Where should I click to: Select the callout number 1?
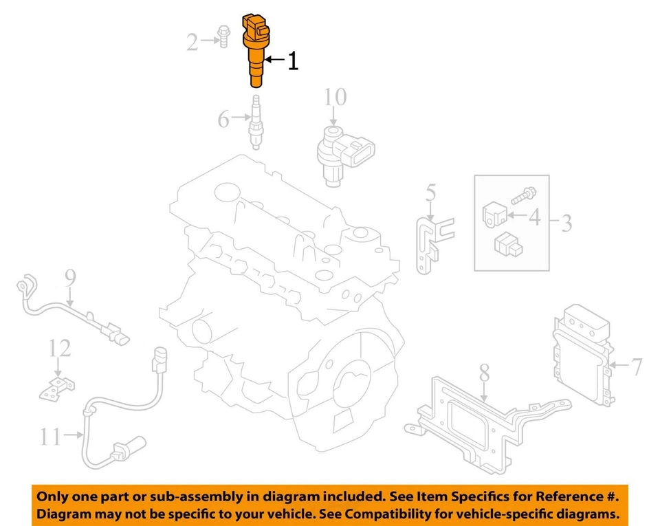[x=292, y=61]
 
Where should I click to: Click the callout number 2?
[x=194, y=43]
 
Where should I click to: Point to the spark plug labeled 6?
[x=256, y=124]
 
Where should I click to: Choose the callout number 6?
[x=223, y=119]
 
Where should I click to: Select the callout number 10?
[x=335, y=98]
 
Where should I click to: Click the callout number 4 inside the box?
[x=534, y=218]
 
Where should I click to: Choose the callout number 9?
[x=69, y=277]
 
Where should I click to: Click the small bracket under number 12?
[x=56, y=388]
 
